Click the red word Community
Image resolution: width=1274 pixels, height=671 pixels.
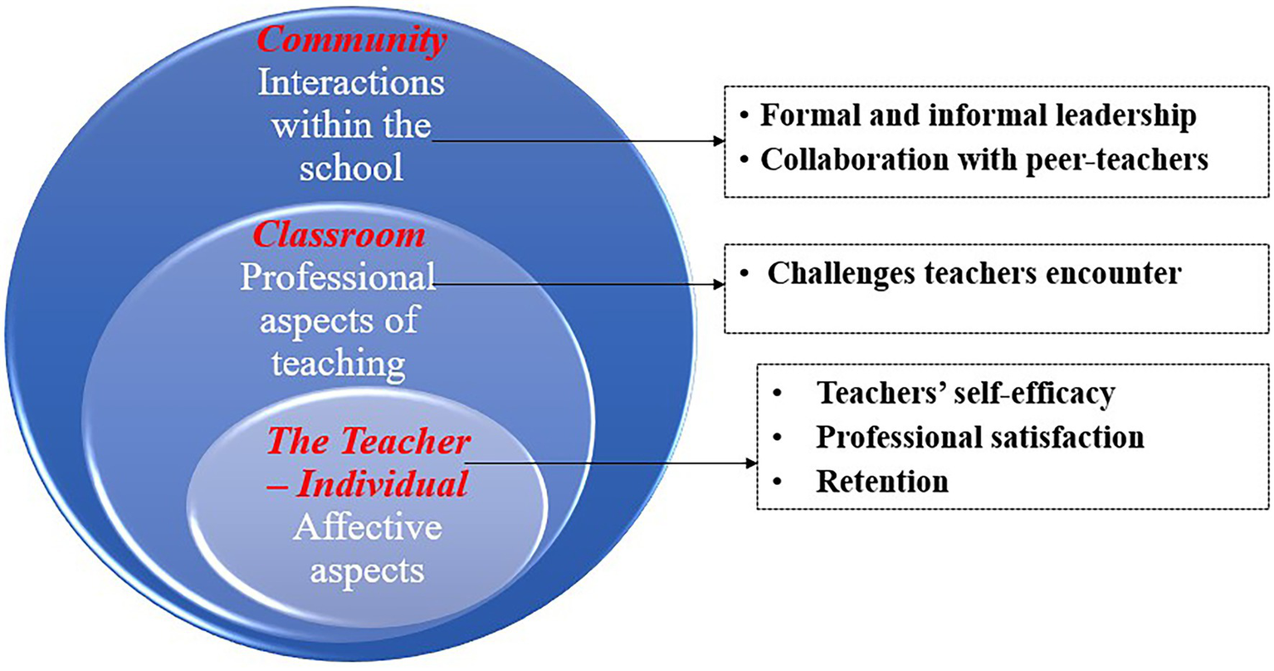click(x=352, y=41)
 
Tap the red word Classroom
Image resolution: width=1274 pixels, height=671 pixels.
click(x=339, y=234)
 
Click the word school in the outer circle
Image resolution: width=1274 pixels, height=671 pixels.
click(x=351, y=167)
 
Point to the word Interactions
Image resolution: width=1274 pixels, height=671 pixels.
click(x=351, y=83)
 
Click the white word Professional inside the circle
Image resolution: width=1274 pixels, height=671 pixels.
click(x=338, y=277)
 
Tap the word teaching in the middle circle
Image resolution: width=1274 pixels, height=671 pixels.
click(x=339, y=364)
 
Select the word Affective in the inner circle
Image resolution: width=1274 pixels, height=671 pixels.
click(x=368, y=527)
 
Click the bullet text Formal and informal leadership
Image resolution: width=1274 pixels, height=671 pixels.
click(x=979, y=116)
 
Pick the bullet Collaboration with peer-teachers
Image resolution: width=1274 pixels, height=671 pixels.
click(x=984, y=160)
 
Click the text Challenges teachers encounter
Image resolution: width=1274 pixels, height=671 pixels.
click(x=974, y=274)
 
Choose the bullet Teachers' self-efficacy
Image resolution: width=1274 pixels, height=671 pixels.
click(x=966, y=394)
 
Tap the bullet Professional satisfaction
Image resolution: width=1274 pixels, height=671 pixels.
click(x=980, y=437)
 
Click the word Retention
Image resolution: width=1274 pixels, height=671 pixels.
click(x=882, y=482)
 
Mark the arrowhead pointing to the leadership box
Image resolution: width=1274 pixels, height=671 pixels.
click(x=720, y=141)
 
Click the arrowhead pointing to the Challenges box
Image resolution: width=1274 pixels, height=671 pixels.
click(x=720, y=284)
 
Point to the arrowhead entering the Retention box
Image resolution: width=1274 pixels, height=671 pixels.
click(x=752, y=463)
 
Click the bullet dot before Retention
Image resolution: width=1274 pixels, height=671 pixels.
click(x=778, y=482)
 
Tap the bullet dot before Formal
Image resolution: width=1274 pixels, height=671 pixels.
click(x=744, y=116)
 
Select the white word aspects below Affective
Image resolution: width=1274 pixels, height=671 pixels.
click(x=367, y=571)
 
